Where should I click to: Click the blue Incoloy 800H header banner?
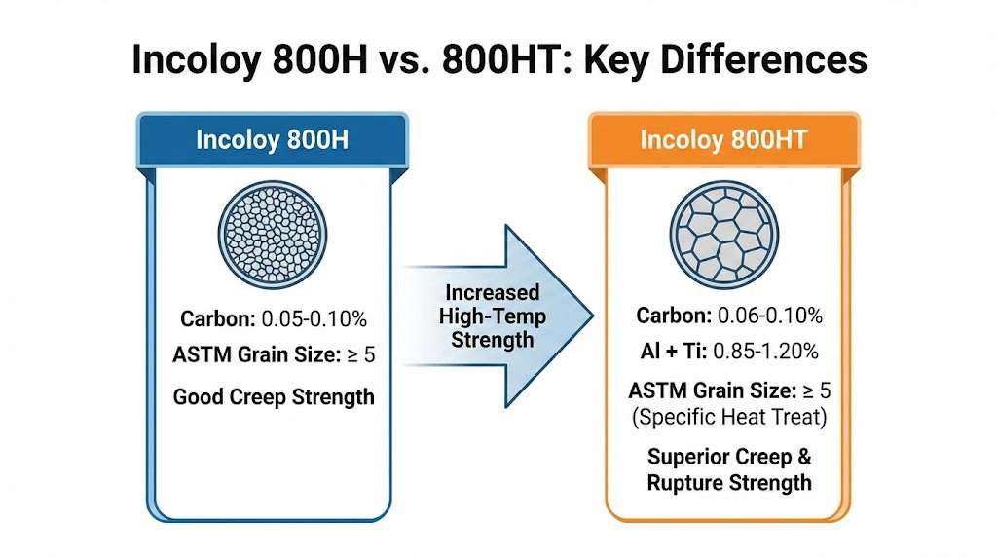coord(273,140)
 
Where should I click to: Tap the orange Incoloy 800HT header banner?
coord(724,140)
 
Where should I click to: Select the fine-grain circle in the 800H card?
coord(273,236)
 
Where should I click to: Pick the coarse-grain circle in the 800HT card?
coord(724,235)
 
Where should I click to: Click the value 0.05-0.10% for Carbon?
coord(314,318)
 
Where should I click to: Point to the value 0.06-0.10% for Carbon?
coord(770,316)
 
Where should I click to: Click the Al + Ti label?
coord(674,351)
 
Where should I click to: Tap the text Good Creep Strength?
coord(274,396)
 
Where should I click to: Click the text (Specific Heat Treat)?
coord(729,417)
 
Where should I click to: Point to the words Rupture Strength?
coord(729,483)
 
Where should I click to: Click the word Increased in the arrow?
coord(492,292)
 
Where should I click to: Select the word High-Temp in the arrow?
coord(492,316)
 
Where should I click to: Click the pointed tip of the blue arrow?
coord(593,315)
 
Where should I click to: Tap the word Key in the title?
coord(615,59)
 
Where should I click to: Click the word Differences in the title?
coord(763,59)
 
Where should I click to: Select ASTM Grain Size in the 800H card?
coord(257,354)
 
